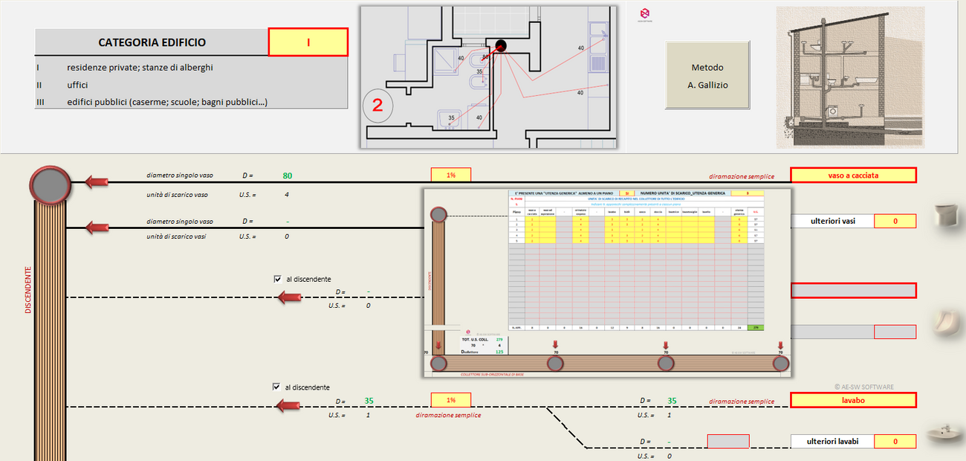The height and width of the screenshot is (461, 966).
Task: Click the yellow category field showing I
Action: (308, 42)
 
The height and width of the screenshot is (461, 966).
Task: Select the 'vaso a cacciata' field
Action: (853, 175)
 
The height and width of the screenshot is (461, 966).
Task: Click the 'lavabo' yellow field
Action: (853, 400)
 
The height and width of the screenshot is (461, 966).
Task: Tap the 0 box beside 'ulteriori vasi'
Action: (895, 221)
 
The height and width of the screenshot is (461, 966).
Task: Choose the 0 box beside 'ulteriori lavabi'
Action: (895, 441)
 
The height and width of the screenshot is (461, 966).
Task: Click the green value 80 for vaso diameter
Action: (287, 176)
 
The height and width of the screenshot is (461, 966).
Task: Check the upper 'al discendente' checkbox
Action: (277, 280)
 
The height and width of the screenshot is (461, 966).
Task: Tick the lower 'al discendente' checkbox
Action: (276, 387)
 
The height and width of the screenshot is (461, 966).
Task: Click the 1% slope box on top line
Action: (451, 175)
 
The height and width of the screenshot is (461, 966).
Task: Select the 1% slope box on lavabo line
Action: (451, 400)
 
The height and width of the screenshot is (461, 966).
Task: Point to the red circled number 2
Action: (377, 106)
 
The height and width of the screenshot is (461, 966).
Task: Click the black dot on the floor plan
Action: (501, 46)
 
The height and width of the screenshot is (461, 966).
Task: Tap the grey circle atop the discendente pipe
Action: (51, 184)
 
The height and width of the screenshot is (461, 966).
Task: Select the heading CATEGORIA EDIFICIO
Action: (152, 42)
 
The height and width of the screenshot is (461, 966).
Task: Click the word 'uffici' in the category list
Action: (77, 85)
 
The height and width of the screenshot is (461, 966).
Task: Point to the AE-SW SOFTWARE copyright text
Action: (863, 387)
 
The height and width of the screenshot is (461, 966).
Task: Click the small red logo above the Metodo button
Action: (644, 13)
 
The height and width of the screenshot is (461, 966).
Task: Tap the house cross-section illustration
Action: (850, 78)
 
